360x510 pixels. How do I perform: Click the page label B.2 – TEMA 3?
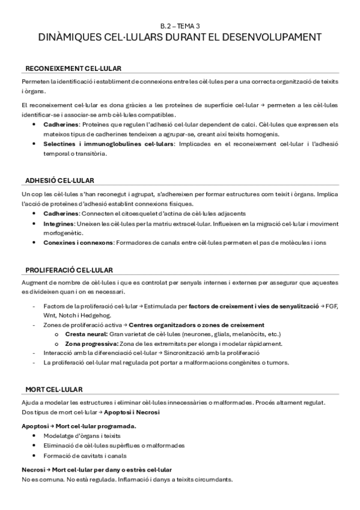click(180, 26)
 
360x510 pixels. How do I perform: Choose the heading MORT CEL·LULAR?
click(53, 389)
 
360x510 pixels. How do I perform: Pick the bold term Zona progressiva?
click(90, 343)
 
